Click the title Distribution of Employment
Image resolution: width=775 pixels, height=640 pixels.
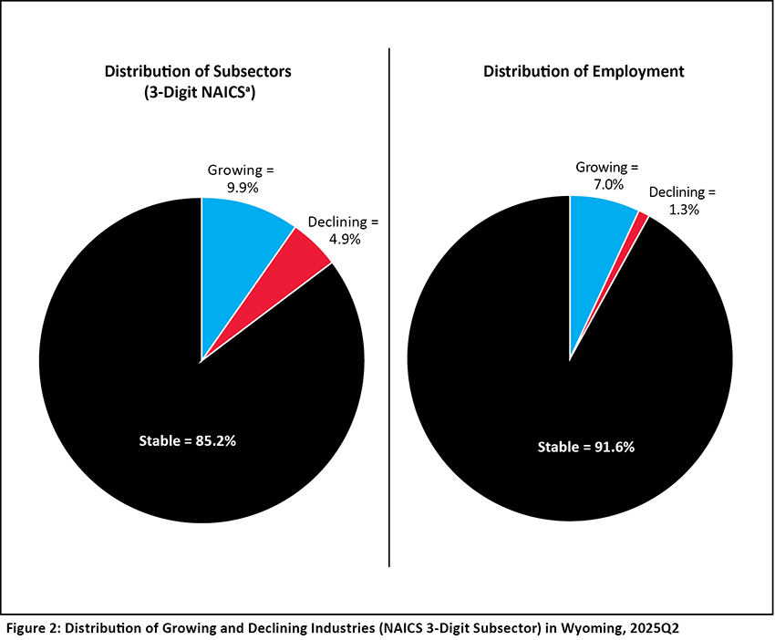584,70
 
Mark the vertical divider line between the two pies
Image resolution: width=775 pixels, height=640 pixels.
389,310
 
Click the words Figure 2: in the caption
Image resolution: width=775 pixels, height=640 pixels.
35,627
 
